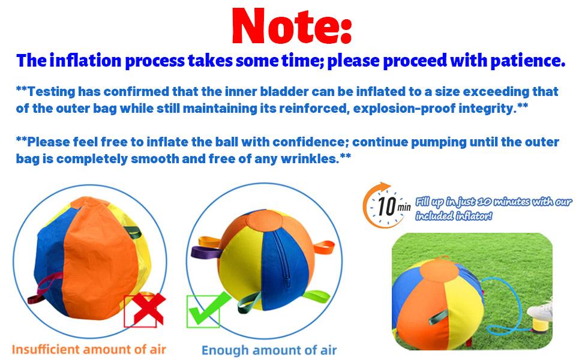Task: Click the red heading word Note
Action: [x=292, y=26]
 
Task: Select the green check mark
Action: [x=208, y=309]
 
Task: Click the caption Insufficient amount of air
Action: [x=89, y=349]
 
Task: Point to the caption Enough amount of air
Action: [x=269, y=350]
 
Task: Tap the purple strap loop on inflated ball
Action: [x=204, y=253]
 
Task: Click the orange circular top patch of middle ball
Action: [x=264, y=221]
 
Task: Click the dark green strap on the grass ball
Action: [x=438, y=316]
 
